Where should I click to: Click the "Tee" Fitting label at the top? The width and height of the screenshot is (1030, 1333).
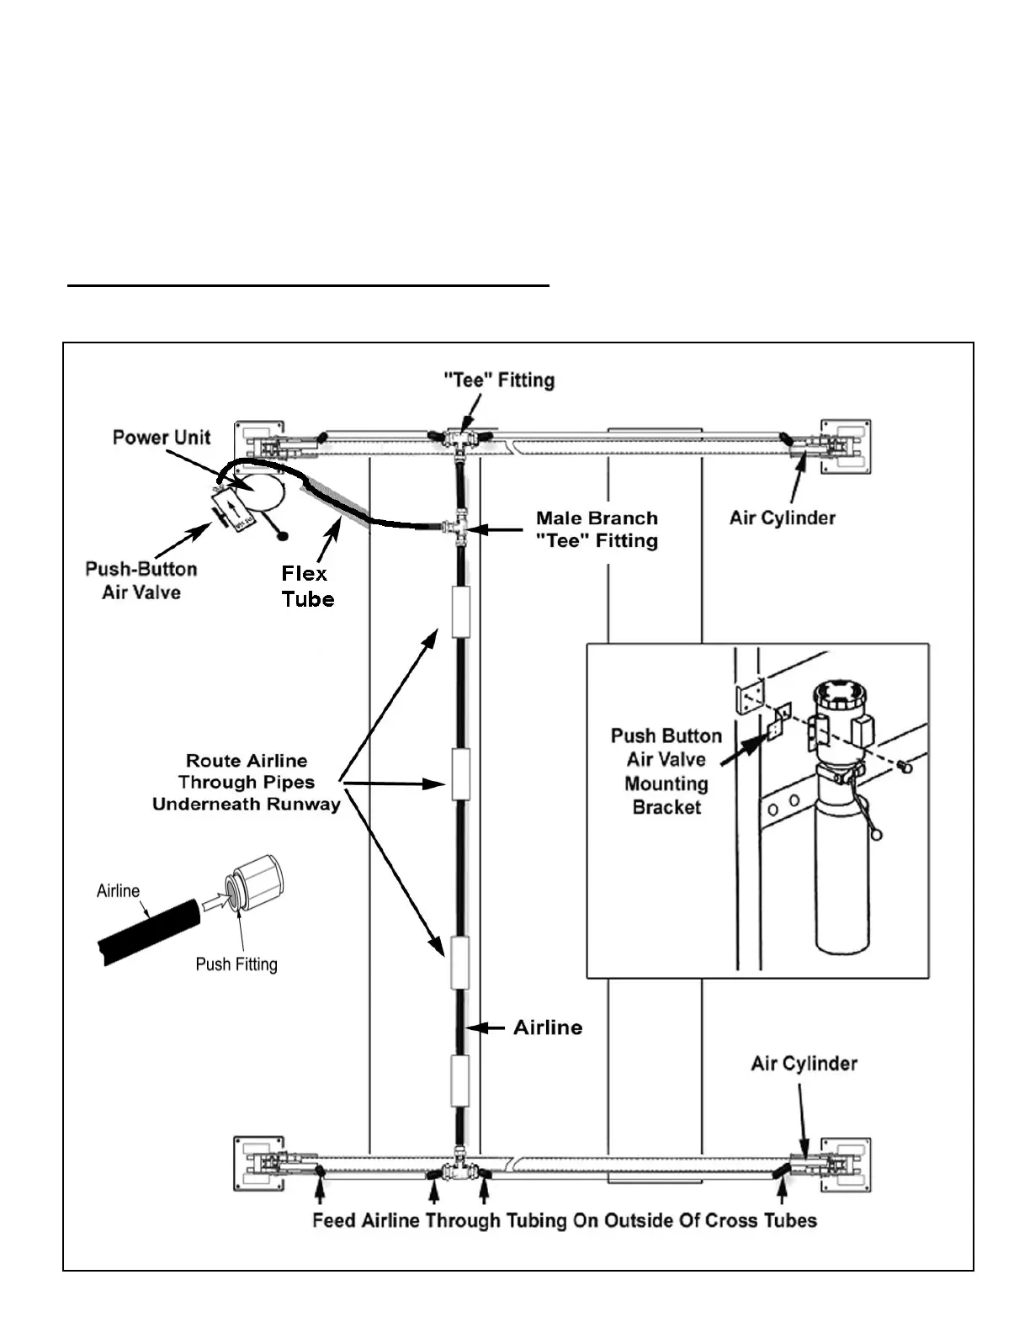click(499, 380)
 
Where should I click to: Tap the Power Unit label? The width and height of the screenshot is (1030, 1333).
click(162, 438)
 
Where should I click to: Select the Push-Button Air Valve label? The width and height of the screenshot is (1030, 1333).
click(141, 581)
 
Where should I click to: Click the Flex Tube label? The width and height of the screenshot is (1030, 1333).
click(308, 587)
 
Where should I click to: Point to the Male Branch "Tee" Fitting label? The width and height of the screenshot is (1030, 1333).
click(597, 529)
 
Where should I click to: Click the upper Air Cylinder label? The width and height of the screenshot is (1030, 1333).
click(782, 518)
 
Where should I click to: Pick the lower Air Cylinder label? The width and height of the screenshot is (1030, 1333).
click(804, 1064)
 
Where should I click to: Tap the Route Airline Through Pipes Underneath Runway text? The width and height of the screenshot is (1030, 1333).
click(246, 782)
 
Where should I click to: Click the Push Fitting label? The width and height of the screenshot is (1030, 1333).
click(236, 964)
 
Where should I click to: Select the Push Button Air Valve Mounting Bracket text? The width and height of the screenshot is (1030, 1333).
click(666, 771)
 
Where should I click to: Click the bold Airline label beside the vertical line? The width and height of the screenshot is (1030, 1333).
click(548, 1028)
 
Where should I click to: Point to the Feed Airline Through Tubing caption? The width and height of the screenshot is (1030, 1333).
click(565, 1221)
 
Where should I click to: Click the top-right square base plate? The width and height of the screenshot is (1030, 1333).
click(846, 447)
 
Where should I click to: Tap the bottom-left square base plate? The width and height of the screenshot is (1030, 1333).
click(259, 1164)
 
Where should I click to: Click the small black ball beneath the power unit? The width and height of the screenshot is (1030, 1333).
click(283, 536)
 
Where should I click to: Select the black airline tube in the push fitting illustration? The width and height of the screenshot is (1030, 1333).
click(149, 932)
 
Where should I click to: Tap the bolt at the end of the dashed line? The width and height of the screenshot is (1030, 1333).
click(904, 766)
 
